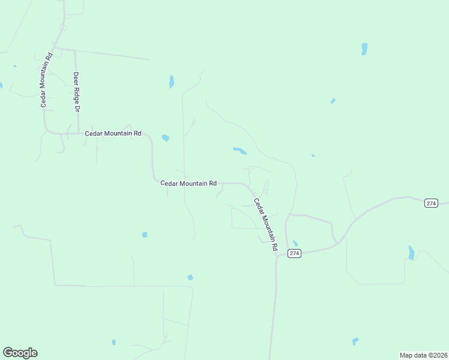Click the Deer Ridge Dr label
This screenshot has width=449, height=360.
coord(76,92)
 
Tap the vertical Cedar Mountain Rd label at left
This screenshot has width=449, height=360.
coord(47,80)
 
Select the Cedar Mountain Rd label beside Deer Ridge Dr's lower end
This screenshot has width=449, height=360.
coord(113,133)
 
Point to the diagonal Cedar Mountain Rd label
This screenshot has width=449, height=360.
coord(266,224)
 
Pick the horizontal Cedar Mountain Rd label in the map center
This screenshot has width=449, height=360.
coord(188,184)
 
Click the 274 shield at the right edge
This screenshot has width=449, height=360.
coord(431,203)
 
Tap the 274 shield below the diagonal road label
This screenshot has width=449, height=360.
coord(294,253)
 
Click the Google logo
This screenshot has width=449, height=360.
coord(20,353)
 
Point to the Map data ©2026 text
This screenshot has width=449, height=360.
coord(423,355)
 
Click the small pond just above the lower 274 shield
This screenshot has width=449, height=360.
coord(295,244)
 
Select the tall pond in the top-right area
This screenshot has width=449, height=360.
coord(364,49)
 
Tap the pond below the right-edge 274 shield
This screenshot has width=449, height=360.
coord(411,253)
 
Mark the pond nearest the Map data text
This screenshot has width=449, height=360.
coord(355,341)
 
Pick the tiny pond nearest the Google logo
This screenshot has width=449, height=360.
coord(113,343)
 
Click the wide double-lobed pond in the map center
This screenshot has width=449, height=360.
coord(240,151)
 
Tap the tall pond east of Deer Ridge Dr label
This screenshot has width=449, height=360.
coord(172,82)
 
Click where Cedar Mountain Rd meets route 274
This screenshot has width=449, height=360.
coord(277,254)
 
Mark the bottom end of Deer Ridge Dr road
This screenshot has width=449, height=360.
coord(79,133)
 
